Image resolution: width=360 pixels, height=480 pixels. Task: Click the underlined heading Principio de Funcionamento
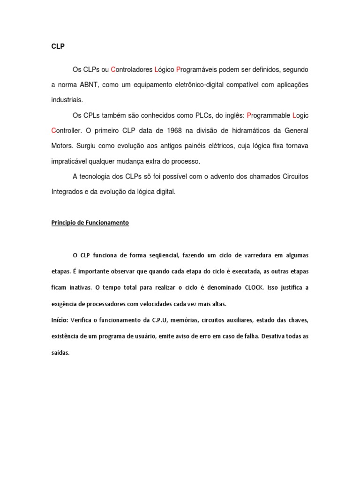pyautogui.click(x=90, y=223)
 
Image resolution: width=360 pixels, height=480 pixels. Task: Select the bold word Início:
pyautogui.click(x=60, y=320)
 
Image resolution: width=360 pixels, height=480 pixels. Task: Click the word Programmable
pyautogui.click(x=268, y=115)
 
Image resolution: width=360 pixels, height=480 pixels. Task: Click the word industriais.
pyautogui.click(x=67, y=100)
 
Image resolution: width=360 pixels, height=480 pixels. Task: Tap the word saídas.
pyautogui.click(x=60, y=353)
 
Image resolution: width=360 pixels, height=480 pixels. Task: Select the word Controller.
pyautogui.click(x=67, y=130)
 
